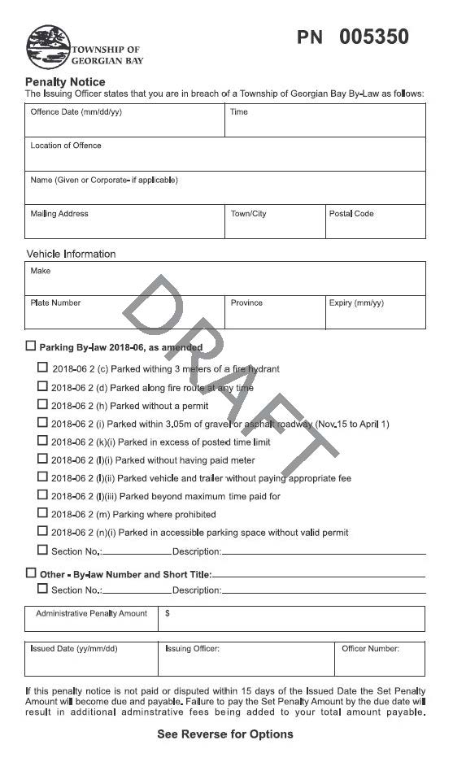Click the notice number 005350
click(x=373, y=37)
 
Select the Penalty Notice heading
click(x=65, y=82)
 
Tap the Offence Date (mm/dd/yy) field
click(x=124, y=121)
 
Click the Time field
click(x=325, y=121)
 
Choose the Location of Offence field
click(x=224, y=155)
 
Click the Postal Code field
click(x=375, y=222)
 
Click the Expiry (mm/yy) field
click(x=375, y=312)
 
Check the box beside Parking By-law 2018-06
click(x=31, y=346)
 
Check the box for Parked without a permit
click(x=42, y=404)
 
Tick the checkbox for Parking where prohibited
click(x=42, y=513)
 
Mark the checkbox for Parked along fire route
click(x=42, y=386)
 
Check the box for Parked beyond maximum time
click(x=42, y=494)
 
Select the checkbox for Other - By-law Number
click(x=31, y=573)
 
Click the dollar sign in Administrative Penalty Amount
click(x=168, y=614)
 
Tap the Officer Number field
click(x=379, y=660)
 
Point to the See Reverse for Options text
click(x=225, y=734)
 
